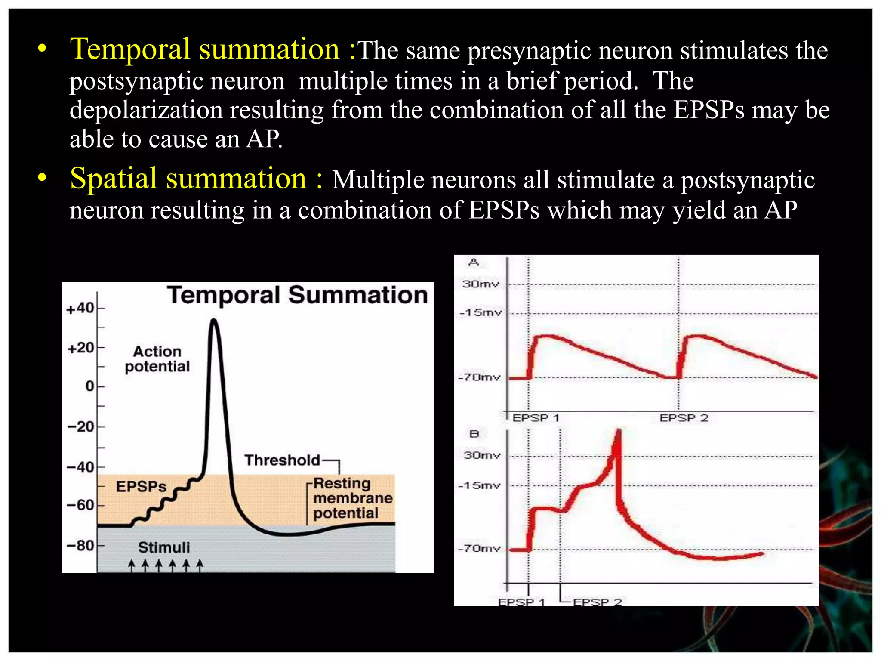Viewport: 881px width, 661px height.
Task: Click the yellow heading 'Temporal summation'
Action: [x=205, y=49]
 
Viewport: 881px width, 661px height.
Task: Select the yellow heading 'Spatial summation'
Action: [x=188, y=179]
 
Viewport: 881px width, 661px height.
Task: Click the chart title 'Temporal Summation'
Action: [x=298, y=295]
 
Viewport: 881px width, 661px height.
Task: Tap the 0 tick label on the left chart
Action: [x=89, y=386]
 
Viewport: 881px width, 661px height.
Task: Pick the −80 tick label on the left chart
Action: [x=81, y=545]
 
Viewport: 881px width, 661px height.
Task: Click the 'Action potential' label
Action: [x=157, y=358]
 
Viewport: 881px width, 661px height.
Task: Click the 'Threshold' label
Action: [x=282, y=460]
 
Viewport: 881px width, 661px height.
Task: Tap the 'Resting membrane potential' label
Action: [x=352, y=498]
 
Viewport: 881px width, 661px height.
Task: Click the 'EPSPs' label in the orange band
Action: [x=141, y=486]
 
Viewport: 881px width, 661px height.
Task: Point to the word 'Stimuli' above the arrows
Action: [x=164, y=547]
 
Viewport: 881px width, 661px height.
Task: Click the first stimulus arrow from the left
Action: [x=132, y=565]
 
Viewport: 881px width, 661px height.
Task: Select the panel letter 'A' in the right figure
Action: [x=474, y=262]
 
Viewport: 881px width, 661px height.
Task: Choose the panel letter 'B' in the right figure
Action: [x=474, y=434]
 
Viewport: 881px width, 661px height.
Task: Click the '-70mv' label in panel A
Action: [x=480, y=377]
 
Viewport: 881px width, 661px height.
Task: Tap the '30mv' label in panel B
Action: [x=482, y=455]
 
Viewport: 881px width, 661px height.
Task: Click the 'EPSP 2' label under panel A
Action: [x=684, y=417]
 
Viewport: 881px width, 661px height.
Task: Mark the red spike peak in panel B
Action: [x=619, y=431]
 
